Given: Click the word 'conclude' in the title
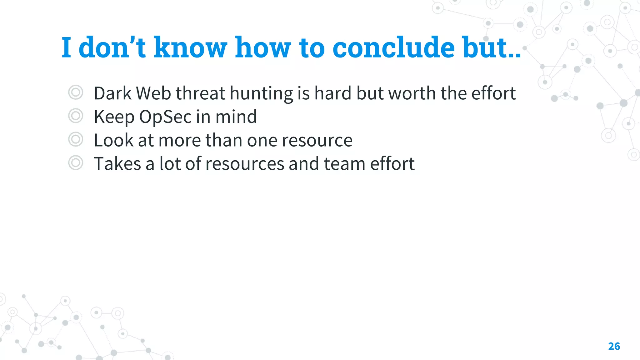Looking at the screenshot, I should [393, 47].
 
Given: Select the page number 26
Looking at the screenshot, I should [614, 346].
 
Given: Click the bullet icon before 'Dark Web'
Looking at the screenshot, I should [76, 92].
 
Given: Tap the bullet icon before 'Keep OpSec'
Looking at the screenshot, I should [76, 116].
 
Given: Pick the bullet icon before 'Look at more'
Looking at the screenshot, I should [76, 139].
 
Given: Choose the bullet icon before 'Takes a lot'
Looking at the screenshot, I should [76, 163].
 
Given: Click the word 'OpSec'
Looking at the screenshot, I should [165, 117].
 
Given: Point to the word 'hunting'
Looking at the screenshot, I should [261, 94].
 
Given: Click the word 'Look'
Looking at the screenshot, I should [113, 140].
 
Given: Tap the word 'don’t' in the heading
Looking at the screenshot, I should [112, 47].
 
